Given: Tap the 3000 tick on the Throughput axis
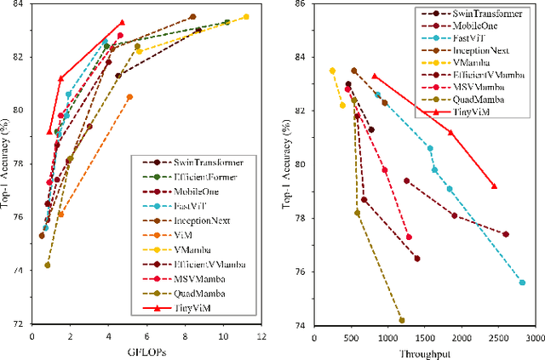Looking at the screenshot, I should click(x=533, y=336).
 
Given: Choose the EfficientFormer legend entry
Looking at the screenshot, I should click(x=211, y=176).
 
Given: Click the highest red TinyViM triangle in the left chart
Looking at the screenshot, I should click(x=122, y=23).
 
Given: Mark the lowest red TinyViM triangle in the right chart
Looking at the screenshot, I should click(x=494, y=186).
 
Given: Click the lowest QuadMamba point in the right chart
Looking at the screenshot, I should click(x=401, y=320).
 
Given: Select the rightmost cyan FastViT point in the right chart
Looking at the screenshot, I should click(x=522, y=283).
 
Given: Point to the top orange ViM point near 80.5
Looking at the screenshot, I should click(x=129, y=97).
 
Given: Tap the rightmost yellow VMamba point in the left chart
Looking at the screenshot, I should click(x=246, y=17).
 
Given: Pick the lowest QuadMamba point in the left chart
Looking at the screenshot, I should click(x=47, y=265).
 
